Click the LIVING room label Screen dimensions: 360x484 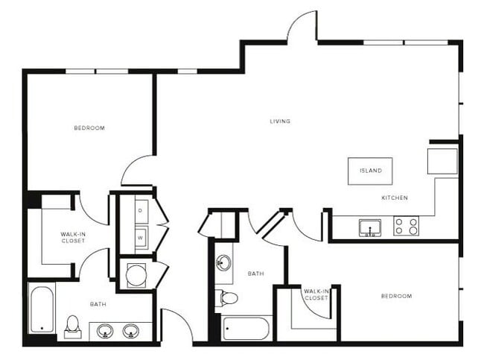coord(280,121)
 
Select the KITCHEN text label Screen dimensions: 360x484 coord(394,198)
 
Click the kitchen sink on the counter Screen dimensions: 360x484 coord(369,227)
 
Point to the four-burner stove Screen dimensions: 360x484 coord(407,226)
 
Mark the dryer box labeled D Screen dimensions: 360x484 coord(140,210)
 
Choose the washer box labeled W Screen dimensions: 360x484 coord(140,238)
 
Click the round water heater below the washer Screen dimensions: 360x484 coord(137,274)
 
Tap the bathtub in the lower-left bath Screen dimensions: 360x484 coord(41,309)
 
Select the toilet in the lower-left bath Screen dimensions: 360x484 coord(73,326)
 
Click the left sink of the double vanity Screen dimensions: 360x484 coord(103,329)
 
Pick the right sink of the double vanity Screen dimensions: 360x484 coord(131,329)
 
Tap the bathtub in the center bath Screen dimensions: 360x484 coord(246,328)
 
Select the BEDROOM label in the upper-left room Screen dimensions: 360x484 coord(89,128)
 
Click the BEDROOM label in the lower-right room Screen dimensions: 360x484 coord(396,296)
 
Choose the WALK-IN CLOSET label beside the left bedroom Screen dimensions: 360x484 coord(73,238)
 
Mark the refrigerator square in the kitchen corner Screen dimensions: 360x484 coord(442,161)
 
